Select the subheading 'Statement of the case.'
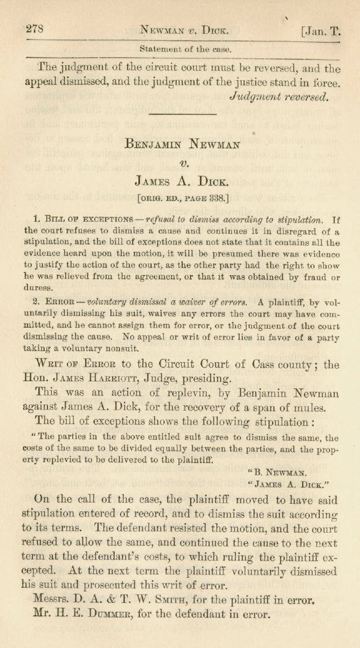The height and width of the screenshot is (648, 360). pos(186,49)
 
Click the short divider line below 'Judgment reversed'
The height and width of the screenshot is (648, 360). pos(182,115)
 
